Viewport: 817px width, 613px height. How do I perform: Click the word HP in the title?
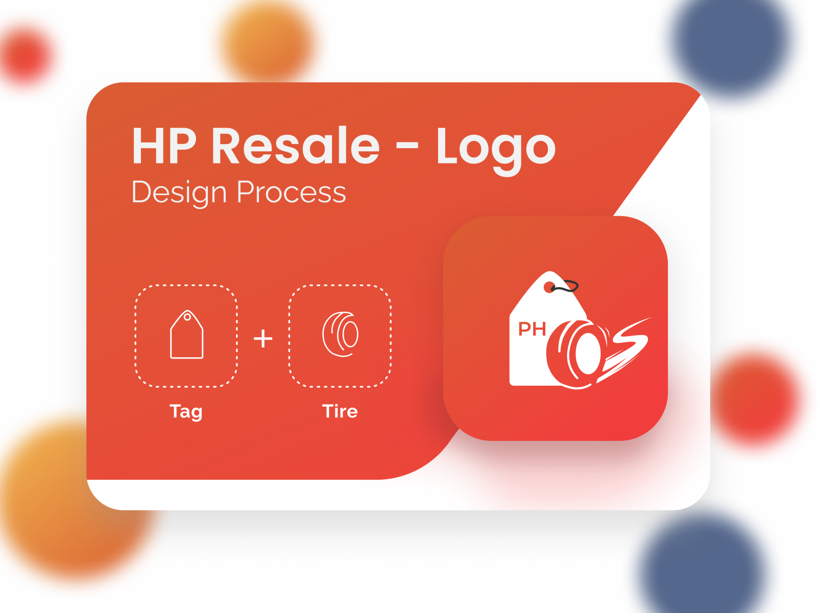[x=164, y=147]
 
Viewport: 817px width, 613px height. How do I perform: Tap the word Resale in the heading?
[x=296, y=147]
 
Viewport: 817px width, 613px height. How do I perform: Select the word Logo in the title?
[x=495, y=148]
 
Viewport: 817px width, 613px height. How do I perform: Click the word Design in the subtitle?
[x=179, y=193]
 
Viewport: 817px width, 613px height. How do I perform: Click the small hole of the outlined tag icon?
[x=187, y=317]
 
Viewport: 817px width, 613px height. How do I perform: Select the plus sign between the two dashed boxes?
[x=263, y=338]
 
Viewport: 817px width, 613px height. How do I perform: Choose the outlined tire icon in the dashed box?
[x=340, y=334]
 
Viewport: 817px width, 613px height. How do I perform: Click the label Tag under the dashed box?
[x=186, y=411]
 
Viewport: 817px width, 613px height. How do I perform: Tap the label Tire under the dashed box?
[x=340, y=411]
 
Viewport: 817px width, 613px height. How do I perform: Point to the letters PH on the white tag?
[x=532, y=329]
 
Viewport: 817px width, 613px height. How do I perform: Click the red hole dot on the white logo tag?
[x=549, y=288]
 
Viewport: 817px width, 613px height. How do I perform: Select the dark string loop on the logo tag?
[x=567, y=287]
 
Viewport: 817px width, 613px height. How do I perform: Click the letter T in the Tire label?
[x=327, y=411]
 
